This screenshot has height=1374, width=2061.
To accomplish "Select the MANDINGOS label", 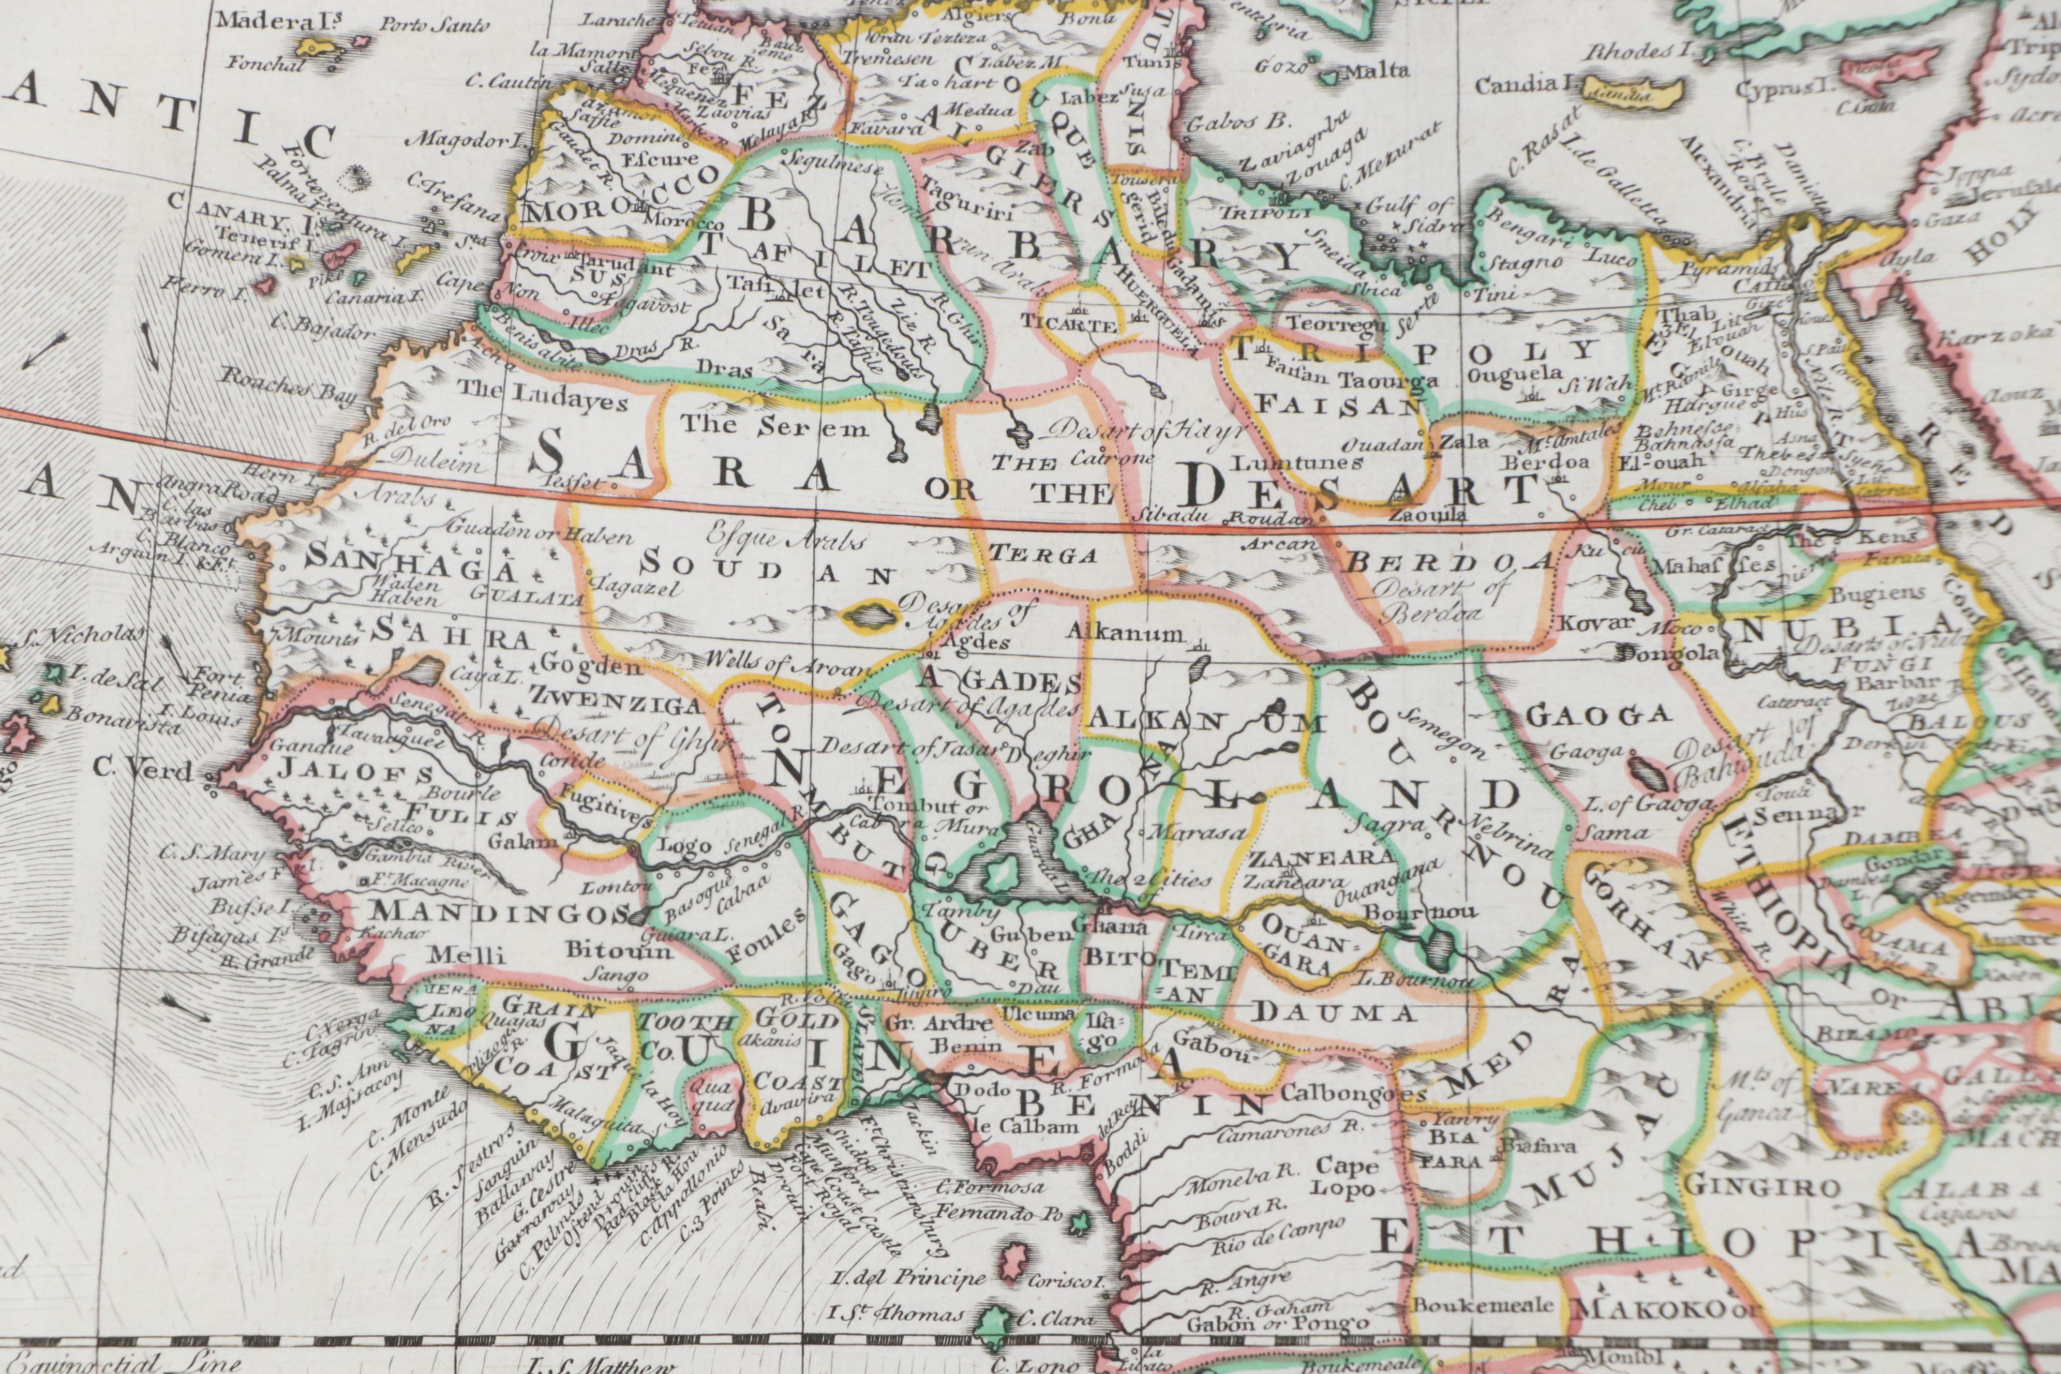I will [495, 914].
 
